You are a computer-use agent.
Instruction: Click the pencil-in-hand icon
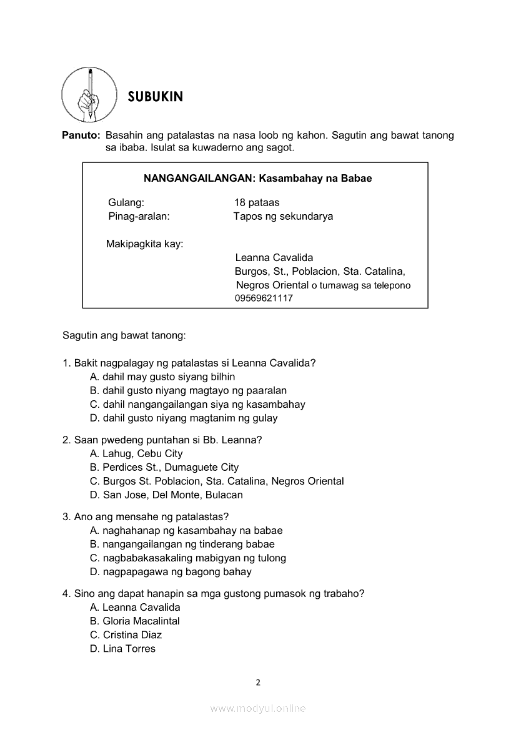pyautogui.click(x=89, y=95)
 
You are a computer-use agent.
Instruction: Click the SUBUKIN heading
pyautogui.click(x=156, y=97)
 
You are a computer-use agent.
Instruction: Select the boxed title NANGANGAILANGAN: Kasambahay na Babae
pyautogui.click(x=257, y=179)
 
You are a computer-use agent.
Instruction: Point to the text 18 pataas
pyautogui.click(x=257, y=202)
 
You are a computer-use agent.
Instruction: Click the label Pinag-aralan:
pyautogui.click(x=139, y=216)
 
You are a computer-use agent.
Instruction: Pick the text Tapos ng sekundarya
pyautogui.click(x=283, y=216)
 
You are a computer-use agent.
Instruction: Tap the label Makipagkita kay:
pyautogui.click(x=145, y=244)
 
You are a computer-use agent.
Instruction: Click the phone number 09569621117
pyautogui.click(x=264, y=298)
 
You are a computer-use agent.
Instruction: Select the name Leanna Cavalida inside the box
pyautogui.click(x=274, y=257)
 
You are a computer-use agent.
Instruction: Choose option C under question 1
pyautogui.click(x=197, y=404)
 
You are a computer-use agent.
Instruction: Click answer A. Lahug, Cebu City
pyautogui.click(x=136, y=453)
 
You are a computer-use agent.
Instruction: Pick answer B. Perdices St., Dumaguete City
pyautogui.click(x=164, y=467)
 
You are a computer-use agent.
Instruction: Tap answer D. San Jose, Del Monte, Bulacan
pyautogui.click(x=166, y=495)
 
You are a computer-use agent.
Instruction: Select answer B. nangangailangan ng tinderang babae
pyautogui.click(x=182, y=544)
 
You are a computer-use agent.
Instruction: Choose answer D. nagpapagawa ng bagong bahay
pyautogui.click(x=171, y=571)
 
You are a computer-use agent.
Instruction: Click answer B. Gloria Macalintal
pyautogui.click(x=135, y=621)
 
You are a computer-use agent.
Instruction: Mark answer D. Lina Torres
pyautogui.click(x=122, y=648)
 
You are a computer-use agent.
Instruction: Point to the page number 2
pyautogui.click(x=258, y=682)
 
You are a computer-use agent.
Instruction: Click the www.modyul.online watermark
pyautogui.click(x=258, y=708)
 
